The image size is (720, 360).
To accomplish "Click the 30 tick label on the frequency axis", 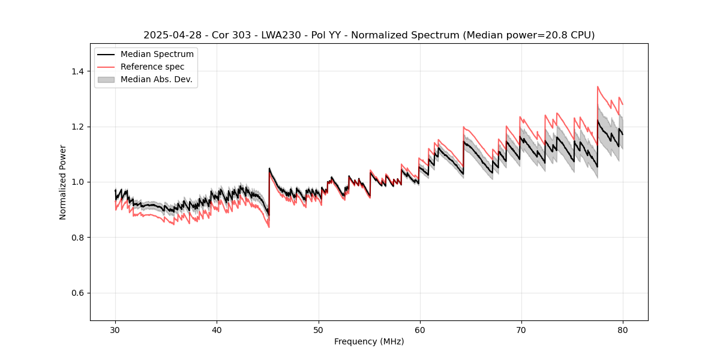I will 115,329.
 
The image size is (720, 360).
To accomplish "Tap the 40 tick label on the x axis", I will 217,329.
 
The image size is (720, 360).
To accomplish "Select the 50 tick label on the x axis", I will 318,329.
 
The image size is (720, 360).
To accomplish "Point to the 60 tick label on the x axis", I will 419,329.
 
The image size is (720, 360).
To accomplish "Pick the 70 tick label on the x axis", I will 521,329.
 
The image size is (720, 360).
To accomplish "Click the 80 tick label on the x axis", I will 622,329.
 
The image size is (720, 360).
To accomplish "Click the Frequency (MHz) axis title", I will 369,341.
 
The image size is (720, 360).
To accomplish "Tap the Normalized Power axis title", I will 63,182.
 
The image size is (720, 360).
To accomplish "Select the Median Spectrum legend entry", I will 157,55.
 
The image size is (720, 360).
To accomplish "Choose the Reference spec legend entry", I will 152,67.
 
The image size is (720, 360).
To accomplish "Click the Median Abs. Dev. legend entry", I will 156,79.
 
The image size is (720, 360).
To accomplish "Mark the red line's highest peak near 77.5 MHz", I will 598,86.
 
